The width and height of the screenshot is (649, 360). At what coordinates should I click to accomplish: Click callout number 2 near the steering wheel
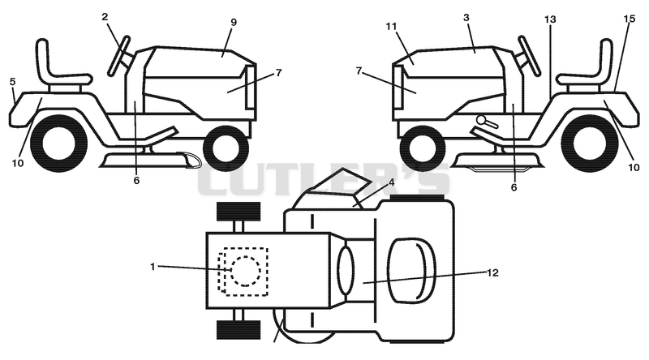(105, 17)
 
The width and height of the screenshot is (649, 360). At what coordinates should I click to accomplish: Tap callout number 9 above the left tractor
(234, 22)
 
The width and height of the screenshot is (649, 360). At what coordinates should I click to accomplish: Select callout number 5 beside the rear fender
(13, 82)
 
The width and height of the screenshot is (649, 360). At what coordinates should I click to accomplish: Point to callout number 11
(392, 27)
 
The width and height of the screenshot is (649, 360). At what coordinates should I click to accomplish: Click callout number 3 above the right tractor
(466, 18)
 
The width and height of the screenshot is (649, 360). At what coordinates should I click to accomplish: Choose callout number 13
(550, 19)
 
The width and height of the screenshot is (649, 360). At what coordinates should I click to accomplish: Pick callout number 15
(630, 19)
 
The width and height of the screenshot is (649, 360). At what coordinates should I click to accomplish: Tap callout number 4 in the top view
(391, 182)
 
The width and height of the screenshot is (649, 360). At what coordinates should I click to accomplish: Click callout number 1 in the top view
(153, 267)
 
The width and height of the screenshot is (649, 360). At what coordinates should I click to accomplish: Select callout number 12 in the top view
(492, 272)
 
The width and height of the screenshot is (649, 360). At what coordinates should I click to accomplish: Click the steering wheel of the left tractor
(118, 56)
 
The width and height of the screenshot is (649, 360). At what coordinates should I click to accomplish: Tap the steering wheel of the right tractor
(530, 56)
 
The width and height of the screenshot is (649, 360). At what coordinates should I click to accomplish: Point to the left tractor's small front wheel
(226, 148)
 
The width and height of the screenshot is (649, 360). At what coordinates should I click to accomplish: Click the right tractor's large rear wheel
(595, 144)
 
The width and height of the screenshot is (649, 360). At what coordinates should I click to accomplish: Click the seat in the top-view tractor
(412, 271)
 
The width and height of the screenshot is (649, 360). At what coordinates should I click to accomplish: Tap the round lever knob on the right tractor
(481, 120)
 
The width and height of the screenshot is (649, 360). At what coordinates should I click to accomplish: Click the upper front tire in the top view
(239, 212)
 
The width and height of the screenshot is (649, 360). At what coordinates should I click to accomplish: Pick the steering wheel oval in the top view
(346, 270)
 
